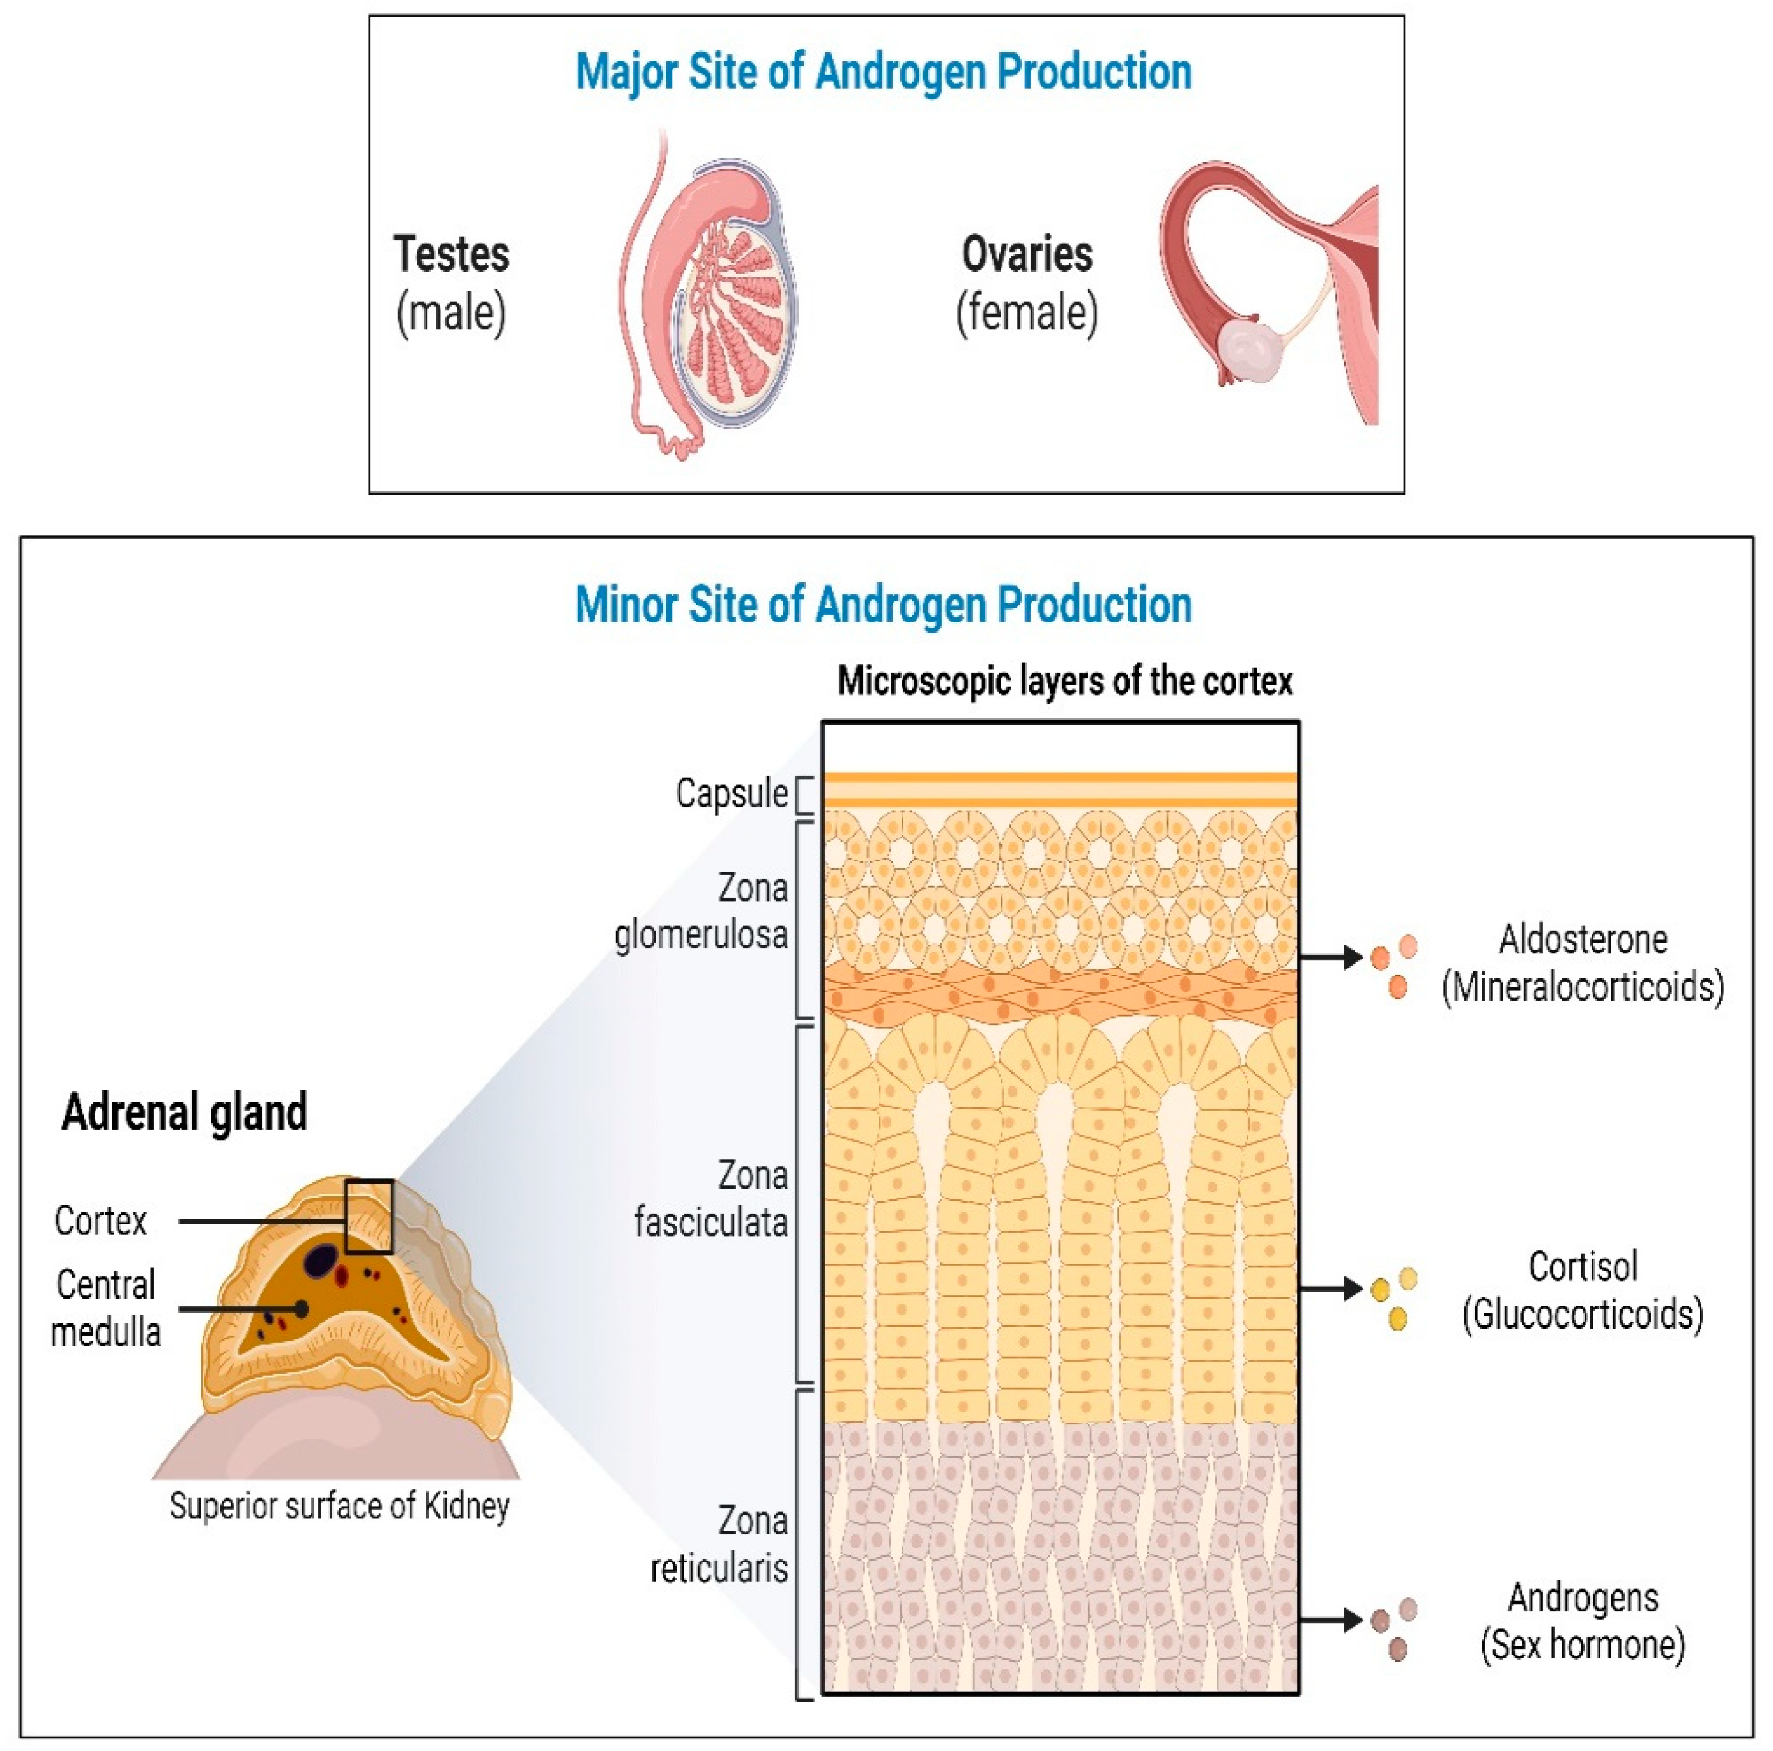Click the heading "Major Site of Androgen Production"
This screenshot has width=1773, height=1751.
[883, 72]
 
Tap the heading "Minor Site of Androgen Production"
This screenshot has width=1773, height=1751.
[883, 605]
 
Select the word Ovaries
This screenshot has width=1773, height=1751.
[1027, 254]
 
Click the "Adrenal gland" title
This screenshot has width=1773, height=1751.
[185, 1113]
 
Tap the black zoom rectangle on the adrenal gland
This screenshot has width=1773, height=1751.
[369, 1217]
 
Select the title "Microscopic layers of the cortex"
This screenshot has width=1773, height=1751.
[1064, 682]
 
